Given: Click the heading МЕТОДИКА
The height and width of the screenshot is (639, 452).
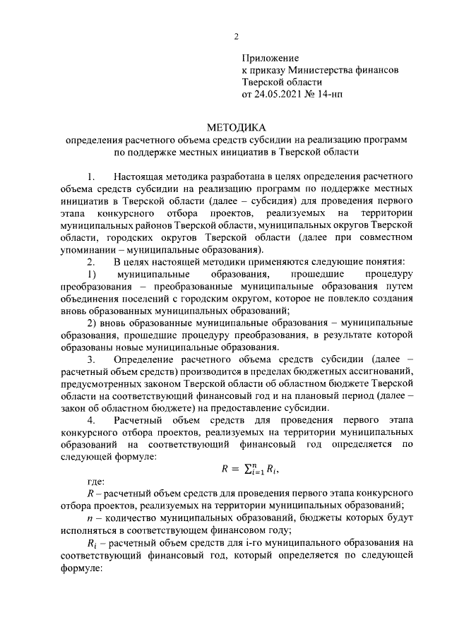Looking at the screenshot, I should point(236,128).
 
